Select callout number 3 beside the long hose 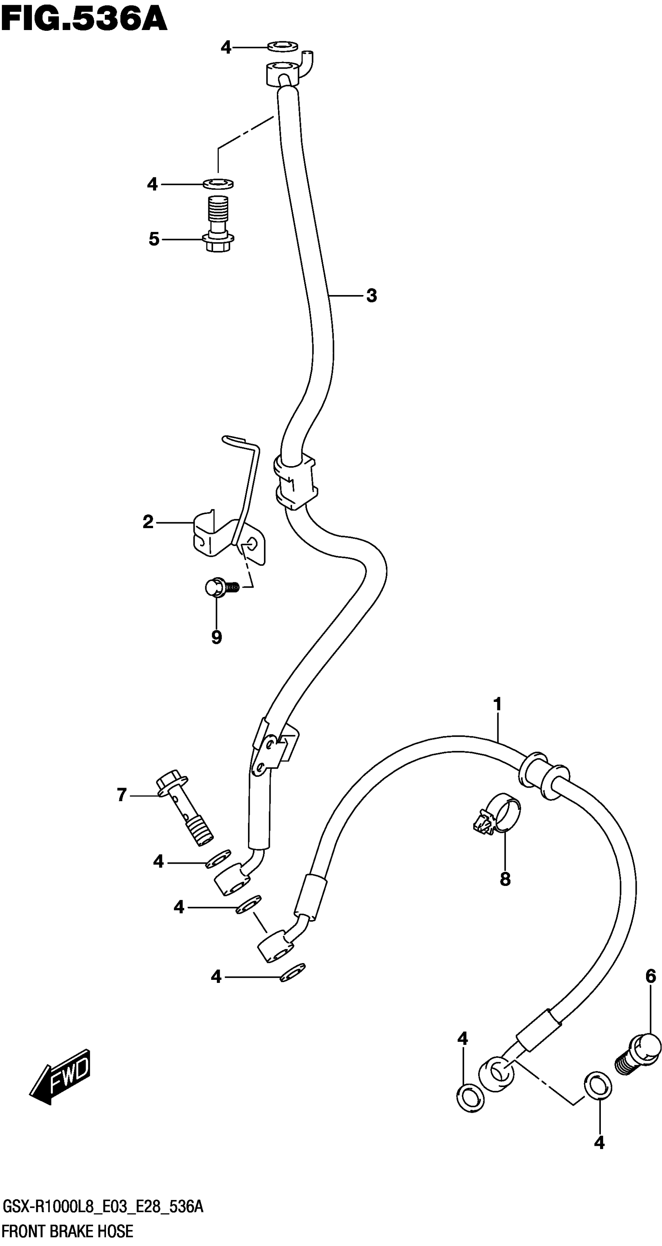(371, 295)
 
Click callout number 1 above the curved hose (497, 704)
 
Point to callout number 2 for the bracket (148, 522)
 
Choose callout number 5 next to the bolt (154, 239)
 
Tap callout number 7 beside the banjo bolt (122, 795)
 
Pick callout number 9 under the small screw (217, 638)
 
